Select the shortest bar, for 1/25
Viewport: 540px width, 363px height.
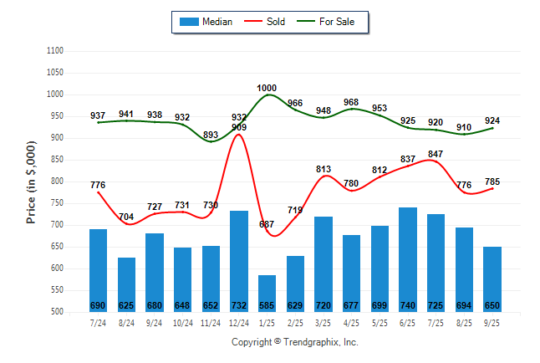(x=267, y=293)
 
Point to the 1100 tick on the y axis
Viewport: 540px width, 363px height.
(x=56, y=51)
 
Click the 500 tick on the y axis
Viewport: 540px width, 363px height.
(x=59, y=312)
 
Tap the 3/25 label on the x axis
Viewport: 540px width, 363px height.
(x=323, y=322)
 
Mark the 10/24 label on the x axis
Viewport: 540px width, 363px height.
(x=182, y=322)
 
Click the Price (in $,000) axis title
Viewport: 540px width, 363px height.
(x=31, y=181)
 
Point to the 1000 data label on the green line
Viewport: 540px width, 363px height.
(x=267, y=88)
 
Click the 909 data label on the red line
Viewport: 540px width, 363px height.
(x=239, y=127)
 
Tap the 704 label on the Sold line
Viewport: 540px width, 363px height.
(x=126, y=217)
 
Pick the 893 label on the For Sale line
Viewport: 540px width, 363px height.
(x=211, y=135)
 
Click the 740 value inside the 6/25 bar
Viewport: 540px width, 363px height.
(x=408, y=304)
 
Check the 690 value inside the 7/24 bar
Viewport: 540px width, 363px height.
(x=99, y=304)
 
